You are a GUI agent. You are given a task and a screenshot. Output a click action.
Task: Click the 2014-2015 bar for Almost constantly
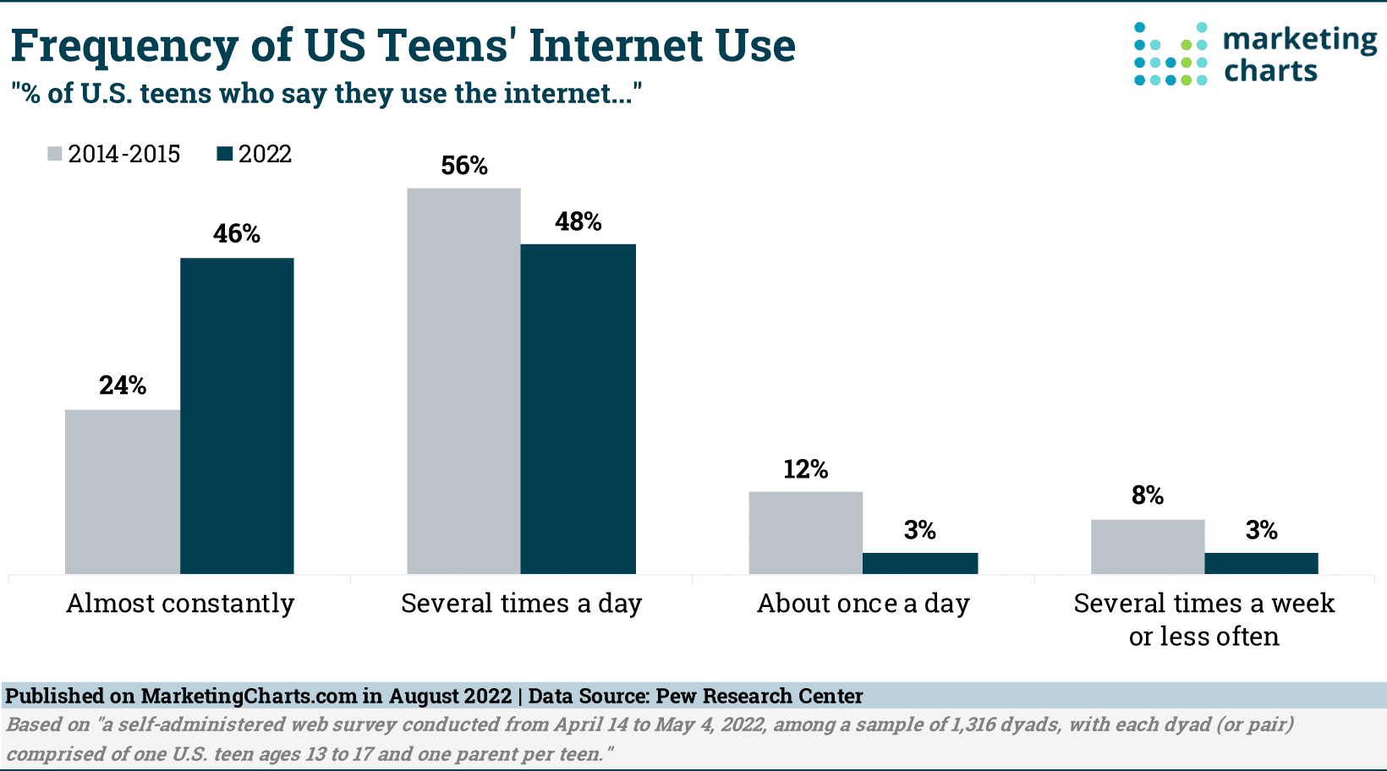coord(123,492)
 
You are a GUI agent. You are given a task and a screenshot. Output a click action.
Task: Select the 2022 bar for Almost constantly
coord(237,416)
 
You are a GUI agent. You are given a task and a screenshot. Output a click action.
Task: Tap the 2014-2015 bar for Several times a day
coord(463,381)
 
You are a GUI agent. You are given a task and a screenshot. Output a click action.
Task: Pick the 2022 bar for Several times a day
coord(578,409)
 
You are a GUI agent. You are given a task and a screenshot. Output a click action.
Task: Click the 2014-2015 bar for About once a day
coord(805,533)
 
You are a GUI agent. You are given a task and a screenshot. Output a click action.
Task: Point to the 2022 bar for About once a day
coord(920,563)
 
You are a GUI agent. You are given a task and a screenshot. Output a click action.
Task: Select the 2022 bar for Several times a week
coord(1261,563)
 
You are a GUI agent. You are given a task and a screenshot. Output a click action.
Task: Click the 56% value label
coord(464,166)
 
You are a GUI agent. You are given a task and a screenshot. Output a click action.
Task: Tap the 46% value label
coord(237,234)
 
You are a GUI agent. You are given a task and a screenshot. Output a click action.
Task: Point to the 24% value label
coord(123,386)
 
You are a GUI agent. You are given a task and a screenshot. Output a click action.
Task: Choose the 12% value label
coord(805,470)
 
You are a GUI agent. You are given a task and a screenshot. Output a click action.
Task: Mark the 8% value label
coord(1148,496)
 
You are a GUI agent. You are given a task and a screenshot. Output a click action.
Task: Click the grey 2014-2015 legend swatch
coord(55,154)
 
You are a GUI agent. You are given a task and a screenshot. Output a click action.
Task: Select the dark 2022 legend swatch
coord(224,154)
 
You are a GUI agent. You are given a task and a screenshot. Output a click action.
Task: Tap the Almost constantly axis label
coord(180,604)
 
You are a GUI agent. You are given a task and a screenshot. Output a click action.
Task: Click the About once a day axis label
coord(863,604)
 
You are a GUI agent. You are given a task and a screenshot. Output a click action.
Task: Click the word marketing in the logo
coord(1300,40)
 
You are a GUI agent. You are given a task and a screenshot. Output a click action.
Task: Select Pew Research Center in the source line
coord(759,697)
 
